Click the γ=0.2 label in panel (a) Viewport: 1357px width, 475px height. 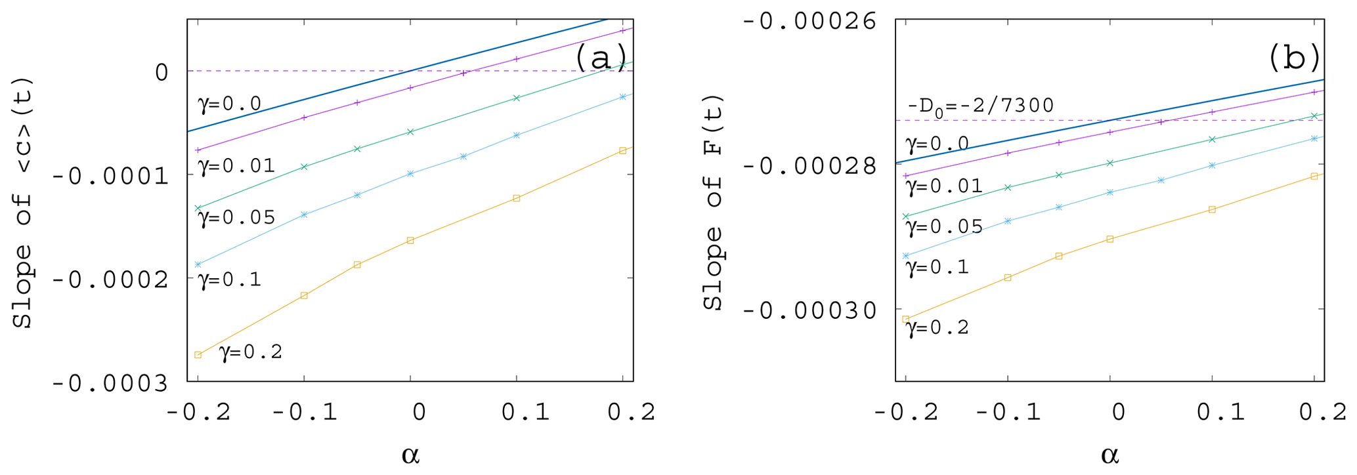[x=251, y=352]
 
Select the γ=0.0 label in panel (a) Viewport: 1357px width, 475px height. [x=229, y=104]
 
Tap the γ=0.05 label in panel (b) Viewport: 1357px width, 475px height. [x=944, y=227]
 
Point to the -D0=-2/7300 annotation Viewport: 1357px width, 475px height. [x=980, y=106]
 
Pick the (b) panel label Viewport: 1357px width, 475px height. [x=1294, y=58]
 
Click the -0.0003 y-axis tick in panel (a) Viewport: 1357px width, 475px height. [x=110, y=382]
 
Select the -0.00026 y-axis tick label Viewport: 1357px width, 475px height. [x=809, y=21]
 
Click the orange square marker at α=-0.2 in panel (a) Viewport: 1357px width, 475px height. [x=198, y=355]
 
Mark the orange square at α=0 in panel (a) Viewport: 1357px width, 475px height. [x=410, y=241]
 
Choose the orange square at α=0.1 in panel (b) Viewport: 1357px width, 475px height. [x=1212, y=210]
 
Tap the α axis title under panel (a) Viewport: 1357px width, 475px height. [x=410, y=455]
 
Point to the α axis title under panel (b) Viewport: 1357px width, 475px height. [x=1109, y=455]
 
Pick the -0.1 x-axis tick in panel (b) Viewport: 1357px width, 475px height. [x=1008, y=413]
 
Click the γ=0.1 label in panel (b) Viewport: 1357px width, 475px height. [x=937, y=267]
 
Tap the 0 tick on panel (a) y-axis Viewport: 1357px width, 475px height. [x=162, y=72]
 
